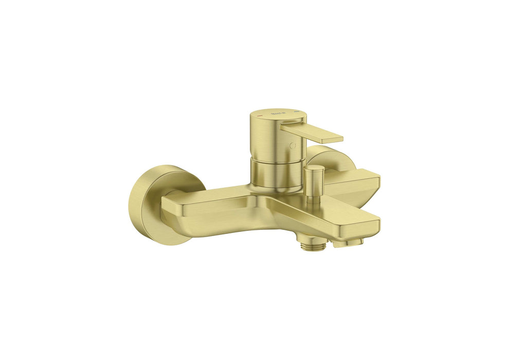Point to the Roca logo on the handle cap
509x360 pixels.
tap(278, 112)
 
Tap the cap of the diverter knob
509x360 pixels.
tap(314, 168)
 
